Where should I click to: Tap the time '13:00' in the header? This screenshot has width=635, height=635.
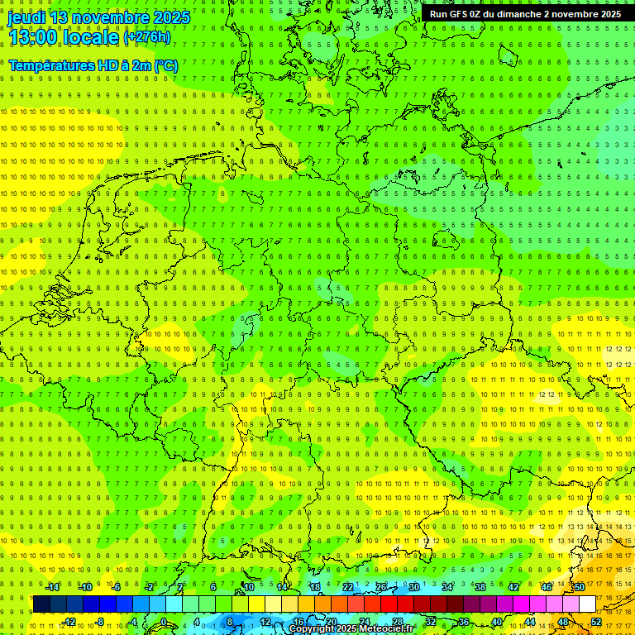tap(33, 36)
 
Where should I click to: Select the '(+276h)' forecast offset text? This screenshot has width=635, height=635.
tap(146, 37)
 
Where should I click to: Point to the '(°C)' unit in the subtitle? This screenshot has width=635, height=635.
tap(165, 65)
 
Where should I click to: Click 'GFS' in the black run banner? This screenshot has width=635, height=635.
tap(459, 14)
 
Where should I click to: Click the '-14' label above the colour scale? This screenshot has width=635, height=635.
tap(52, 587)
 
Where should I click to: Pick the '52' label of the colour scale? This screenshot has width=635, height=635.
tap(596, 622)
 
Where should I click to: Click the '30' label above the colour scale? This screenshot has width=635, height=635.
tap(413, 587)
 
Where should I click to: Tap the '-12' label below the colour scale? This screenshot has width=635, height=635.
tap(69, 622)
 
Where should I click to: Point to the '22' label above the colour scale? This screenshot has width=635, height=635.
tap(348, 587)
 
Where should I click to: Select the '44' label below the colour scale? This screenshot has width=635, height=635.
tap(530, 622)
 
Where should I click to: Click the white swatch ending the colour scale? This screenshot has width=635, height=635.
tap(587, 604)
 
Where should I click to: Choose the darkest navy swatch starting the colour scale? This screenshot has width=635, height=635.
tap(41, 604)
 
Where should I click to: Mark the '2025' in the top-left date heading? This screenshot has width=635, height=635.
tap(170, 17)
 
